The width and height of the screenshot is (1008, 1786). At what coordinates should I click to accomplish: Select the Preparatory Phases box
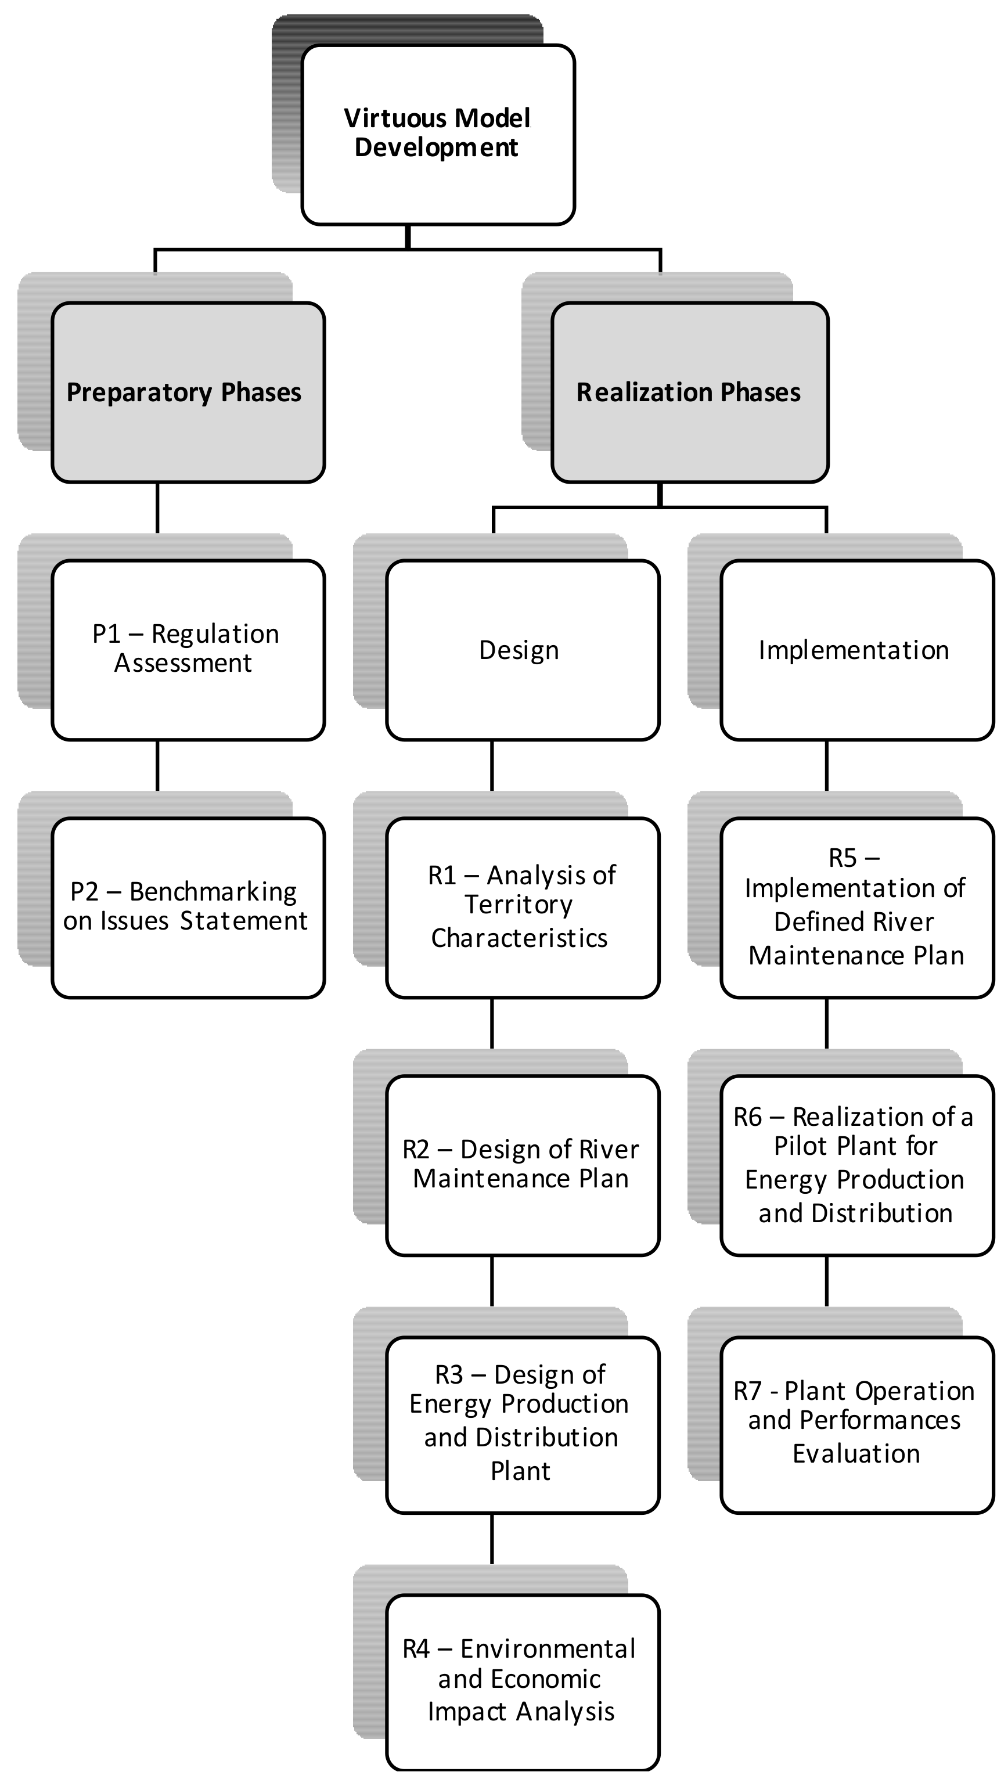188,393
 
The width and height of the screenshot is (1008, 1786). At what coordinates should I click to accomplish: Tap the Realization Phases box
689,393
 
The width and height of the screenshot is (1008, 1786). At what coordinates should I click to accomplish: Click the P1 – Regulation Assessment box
188,650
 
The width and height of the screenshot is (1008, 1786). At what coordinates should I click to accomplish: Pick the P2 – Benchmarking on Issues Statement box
188,907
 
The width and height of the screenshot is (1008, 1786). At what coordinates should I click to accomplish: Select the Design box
522,650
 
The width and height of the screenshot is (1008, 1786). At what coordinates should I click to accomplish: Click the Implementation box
857,650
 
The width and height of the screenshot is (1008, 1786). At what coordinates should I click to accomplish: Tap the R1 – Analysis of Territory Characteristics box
522,907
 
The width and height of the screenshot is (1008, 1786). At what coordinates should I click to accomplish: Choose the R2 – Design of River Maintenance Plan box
522,1165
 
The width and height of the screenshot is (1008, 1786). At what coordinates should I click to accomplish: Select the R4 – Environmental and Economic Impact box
522,1681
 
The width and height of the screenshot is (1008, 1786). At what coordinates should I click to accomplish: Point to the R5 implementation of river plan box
857,907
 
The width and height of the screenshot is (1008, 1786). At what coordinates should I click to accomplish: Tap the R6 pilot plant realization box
857,1165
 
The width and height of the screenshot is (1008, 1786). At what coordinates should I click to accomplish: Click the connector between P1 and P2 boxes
157,765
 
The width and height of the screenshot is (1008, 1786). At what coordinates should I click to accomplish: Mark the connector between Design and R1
492,765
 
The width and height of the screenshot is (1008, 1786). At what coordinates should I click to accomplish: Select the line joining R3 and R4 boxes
492,1539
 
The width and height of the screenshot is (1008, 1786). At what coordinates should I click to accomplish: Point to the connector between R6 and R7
826,1281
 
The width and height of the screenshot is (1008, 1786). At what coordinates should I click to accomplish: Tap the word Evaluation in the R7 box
856,1453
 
